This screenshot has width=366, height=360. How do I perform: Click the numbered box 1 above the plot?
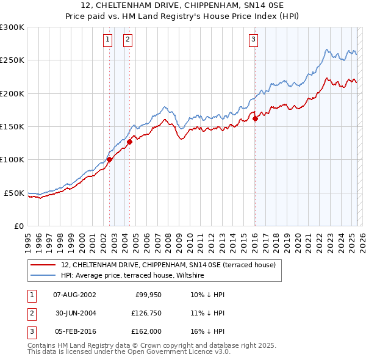coord(107,40)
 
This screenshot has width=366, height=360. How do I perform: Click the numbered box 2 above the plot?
coord(128,40)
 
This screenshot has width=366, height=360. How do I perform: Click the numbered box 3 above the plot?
coord(253,40)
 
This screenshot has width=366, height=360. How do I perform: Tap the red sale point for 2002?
coord(109,159)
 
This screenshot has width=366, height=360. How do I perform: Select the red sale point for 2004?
coord(130,142)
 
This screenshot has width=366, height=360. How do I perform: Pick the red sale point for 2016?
coord(255,119)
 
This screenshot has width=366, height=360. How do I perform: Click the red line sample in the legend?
coord(43,265)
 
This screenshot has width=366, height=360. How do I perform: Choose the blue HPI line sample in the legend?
coord(43,275)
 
